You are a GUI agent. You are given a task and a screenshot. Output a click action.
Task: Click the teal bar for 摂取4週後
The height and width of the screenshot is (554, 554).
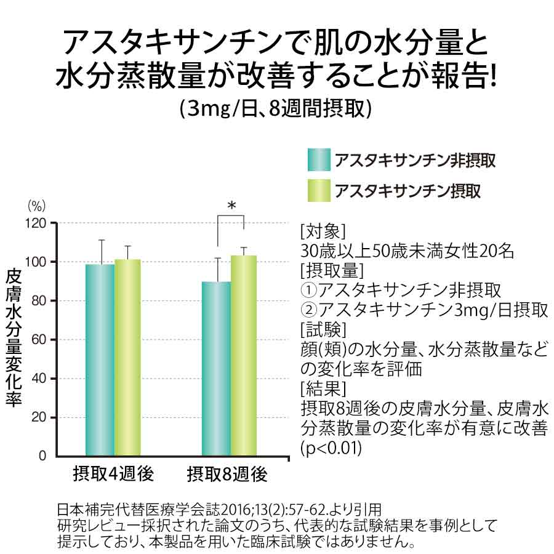click(x=100, y=360)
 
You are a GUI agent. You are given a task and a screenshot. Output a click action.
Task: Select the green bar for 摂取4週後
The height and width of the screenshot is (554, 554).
click(x=127, y=358)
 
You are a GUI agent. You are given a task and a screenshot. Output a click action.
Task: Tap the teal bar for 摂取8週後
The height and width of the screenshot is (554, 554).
click(x=216, y=369)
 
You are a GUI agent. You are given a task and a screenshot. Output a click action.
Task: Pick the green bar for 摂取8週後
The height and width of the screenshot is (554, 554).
click(x=244, y=356)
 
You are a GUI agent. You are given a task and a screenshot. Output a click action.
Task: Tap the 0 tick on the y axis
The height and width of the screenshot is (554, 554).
click(x=42, y=456)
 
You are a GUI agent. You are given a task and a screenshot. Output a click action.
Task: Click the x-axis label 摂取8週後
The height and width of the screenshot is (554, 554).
click(x=227, y=475)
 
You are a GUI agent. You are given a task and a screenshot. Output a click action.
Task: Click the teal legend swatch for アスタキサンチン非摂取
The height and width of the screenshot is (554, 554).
click(x=319, y=161)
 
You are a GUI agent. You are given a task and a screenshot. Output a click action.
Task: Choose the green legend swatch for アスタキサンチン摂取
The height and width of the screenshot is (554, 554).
click(x=319, y=191)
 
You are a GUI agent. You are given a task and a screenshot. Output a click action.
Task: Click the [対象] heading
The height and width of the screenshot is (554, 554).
click(x=323, y=232)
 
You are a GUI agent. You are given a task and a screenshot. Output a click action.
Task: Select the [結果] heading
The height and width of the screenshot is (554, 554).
click(x=323, y=389)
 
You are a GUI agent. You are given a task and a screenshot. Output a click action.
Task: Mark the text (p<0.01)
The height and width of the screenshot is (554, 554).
click(x=331, y=448)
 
